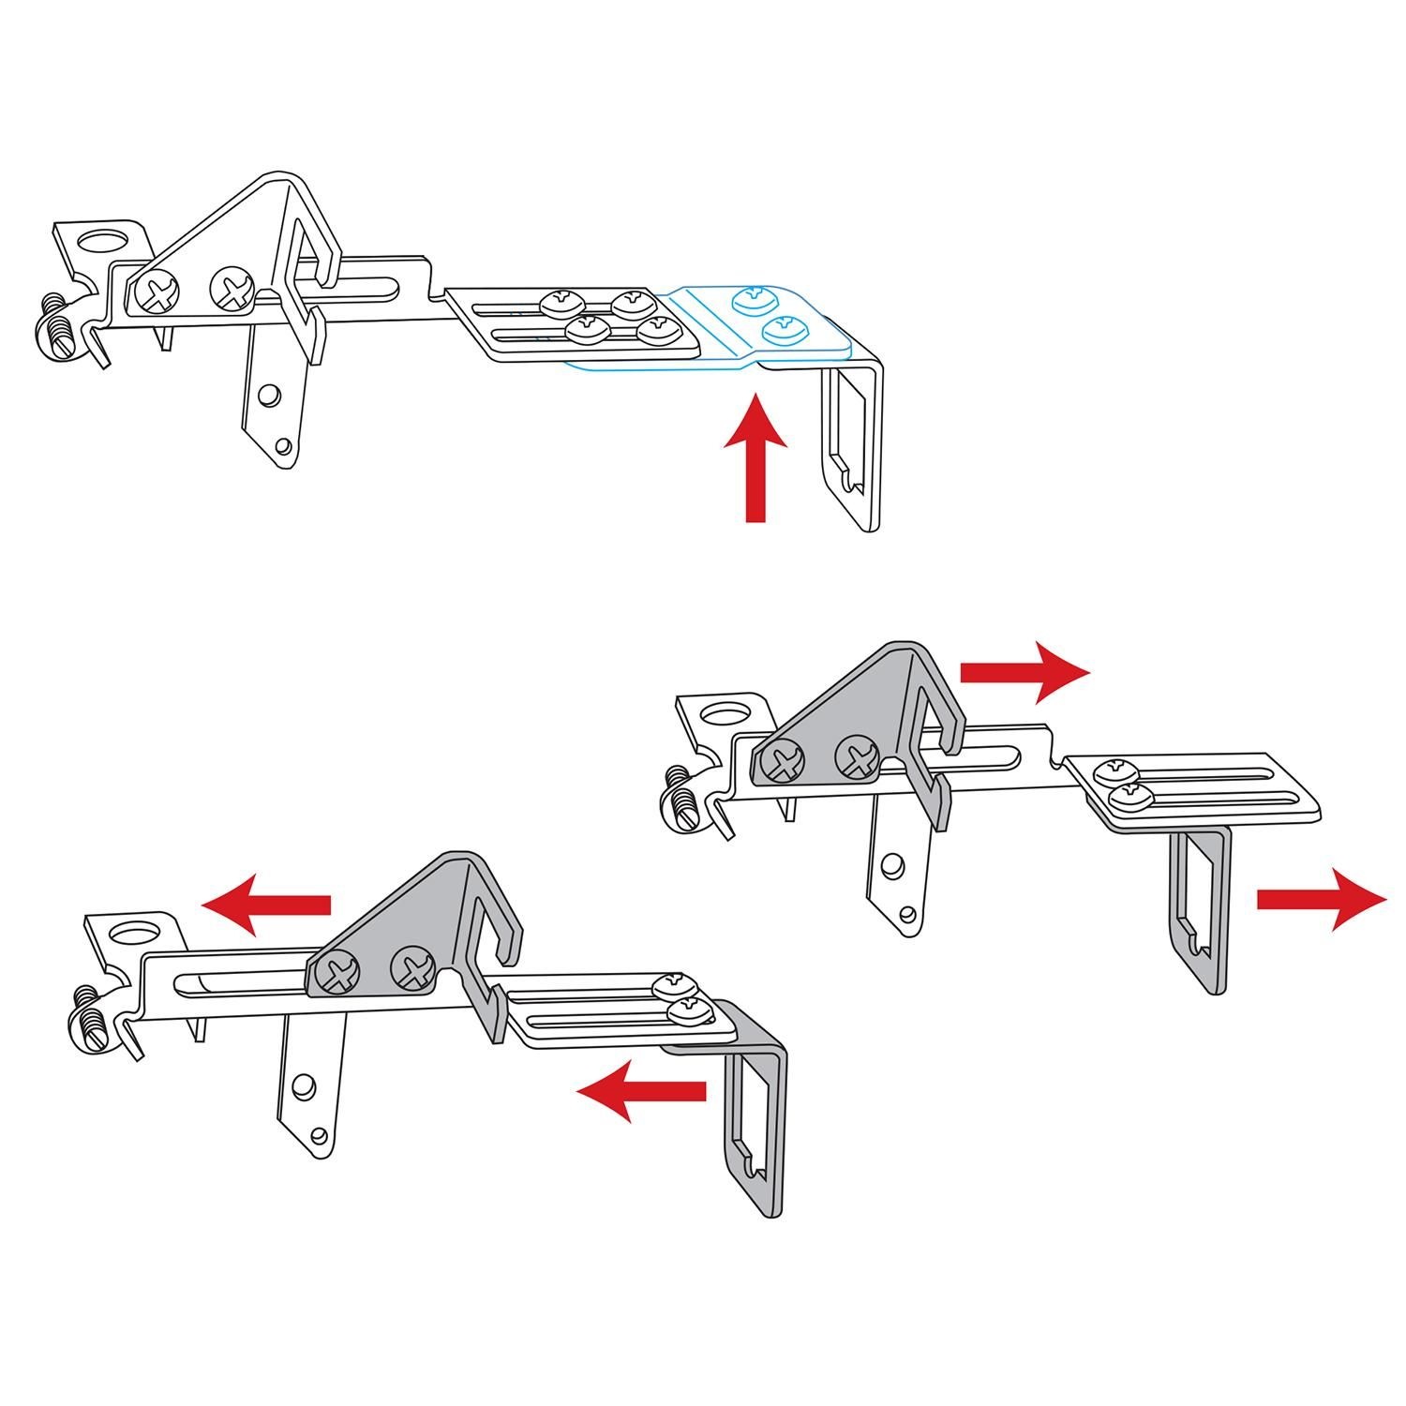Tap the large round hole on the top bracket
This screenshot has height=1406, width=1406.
pos(101,242)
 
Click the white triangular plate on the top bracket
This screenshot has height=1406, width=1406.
pos(225,253)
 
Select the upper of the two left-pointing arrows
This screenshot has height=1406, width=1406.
pos(267,905)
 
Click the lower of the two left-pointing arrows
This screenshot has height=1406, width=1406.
pos(641,1090)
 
